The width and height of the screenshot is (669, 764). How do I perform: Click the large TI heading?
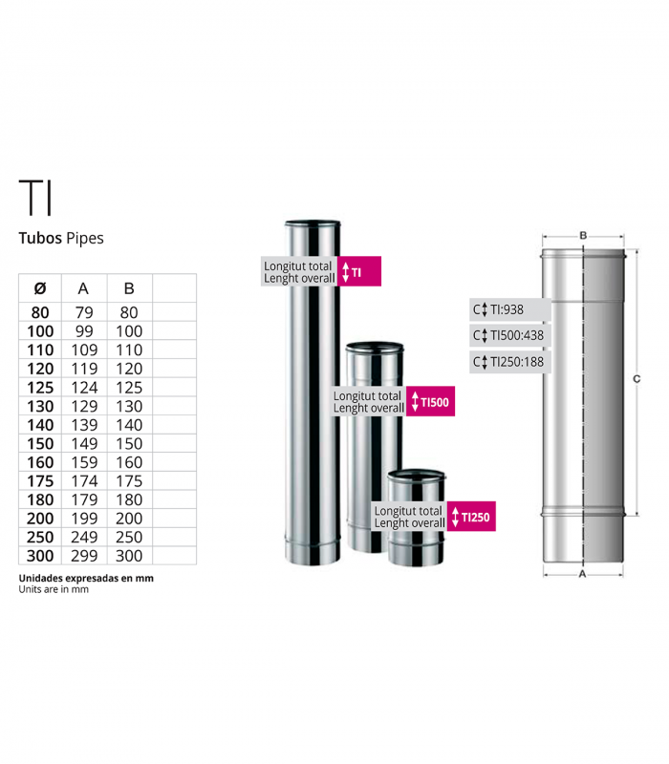(36, 197)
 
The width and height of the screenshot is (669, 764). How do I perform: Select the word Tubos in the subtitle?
(40, 238)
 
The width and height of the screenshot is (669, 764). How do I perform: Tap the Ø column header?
(40, 288)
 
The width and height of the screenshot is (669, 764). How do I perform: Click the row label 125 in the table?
(40, 388)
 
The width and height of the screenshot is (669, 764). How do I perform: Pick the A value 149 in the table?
(83, 444)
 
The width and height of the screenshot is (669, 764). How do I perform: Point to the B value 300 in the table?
(129, 556)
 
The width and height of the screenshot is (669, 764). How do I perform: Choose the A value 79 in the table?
(83, 312)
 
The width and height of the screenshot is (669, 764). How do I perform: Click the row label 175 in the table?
(40, 481)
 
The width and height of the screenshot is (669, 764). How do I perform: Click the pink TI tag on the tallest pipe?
(360, 272)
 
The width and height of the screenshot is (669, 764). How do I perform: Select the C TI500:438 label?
(510, 336)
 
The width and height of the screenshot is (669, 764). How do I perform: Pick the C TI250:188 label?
(510, 362)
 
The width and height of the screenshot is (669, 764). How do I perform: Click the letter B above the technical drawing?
(583, 234)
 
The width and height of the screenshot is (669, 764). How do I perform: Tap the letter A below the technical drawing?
(583, 576)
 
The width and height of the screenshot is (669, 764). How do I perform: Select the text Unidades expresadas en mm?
(86, 578)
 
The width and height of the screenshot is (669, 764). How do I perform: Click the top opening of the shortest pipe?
(416, 474)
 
